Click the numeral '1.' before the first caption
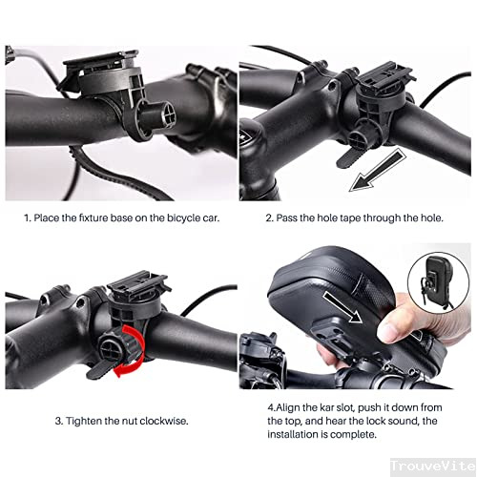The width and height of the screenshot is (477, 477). (28, 218)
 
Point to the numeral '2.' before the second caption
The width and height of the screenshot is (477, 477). (268, 218)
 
